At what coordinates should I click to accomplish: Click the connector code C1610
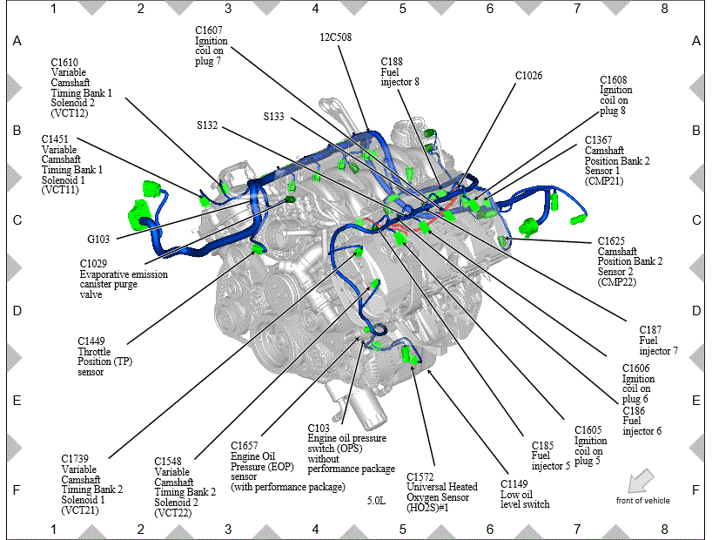(64, 62)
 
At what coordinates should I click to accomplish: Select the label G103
(98, 240)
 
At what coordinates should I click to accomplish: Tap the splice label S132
(207, 125)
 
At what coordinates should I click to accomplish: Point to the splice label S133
(274, 117)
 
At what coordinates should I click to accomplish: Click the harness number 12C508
(336, 37)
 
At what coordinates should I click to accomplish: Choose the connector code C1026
(528, 76)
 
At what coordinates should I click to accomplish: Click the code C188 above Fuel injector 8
(392, 61)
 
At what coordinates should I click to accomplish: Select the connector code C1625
(611, 241)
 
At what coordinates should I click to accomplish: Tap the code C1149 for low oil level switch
(514, 484)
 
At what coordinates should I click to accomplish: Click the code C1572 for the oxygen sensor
(420, 476)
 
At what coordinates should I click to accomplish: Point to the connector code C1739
(75, 459)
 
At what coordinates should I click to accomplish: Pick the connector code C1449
(91, 341)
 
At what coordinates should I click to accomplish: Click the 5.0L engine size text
(376, 501)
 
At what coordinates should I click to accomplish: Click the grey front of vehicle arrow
(641, 481)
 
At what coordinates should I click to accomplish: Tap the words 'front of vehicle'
(643, 501)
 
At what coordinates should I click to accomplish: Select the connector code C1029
(93, 264)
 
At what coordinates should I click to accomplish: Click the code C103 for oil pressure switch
(319, 429)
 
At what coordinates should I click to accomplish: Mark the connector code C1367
(599, 140)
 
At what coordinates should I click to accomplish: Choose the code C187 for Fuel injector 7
(650, 330)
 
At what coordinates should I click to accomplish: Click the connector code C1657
(245, 446)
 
